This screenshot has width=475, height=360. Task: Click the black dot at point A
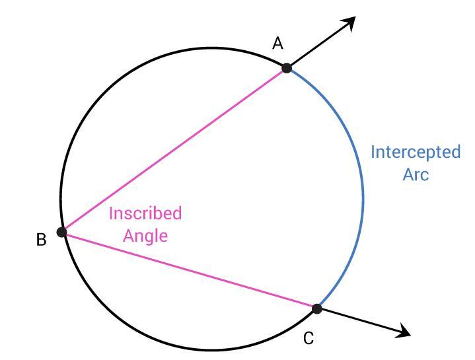pos(287,67)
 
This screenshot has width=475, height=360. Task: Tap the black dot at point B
pos(62,232)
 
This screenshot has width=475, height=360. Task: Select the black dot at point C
pos(316,308)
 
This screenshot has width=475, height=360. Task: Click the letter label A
pos(278,44)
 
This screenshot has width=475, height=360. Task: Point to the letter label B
pos(41,240)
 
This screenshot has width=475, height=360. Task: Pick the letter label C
pos(309,339)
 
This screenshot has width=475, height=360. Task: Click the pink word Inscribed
pos(145,213)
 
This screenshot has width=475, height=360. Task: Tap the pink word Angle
pos(145,235)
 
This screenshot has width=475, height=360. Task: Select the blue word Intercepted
pos(416,152)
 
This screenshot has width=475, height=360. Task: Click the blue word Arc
pos(416,174)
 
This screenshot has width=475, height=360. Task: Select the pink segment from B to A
pos(174,150)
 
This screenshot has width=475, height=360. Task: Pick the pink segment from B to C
pos(189,270)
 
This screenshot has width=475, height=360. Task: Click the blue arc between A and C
pos(363,192)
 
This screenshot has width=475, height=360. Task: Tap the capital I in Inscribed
pos(111,213)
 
